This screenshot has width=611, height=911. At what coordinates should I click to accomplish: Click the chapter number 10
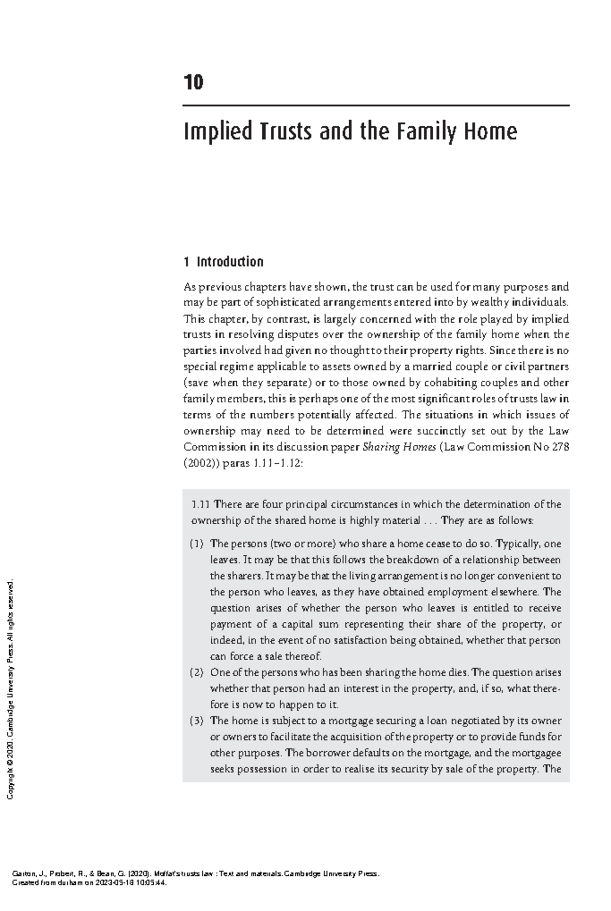click(x=193, y=82)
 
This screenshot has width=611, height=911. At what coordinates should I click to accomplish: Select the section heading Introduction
click(x=230, y=262)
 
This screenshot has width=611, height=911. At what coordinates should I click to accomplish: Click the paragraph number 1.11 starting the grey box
click(x=200, y=504)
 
